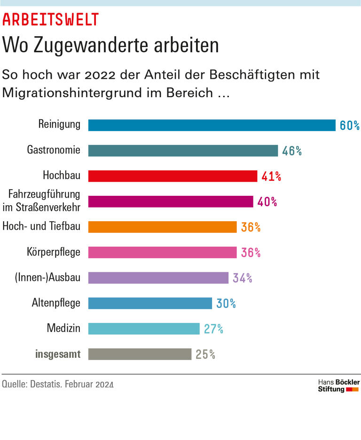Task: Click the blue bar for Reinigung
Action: click(212, 125)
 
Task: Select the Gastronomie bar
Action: click(183, 151)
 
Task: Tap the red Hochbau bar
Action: click(173, 176)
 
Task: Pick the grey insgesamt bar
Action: click(140, 354)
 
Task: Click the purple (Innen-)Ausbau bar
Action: click(158, 278)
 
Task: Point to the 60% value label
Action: click(349, 125)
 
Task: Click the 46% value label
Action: click(291, 151)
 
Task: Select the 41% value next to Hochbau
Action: click(271, 176)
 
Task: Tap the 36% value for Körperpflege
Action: click(251, 253)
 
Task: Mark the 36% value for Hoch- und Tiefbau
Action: click(251, 227)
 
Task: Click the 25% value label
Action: click(205, 354)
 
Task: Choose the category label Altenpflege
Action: click(56, 303)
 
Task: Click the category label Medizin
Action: click(63, 328)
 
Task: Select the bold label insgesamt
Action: click(58, 354)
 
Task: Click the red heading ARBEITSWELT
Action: click(51, 19)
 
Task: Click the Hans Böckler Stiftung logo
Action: click(338, 386)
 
